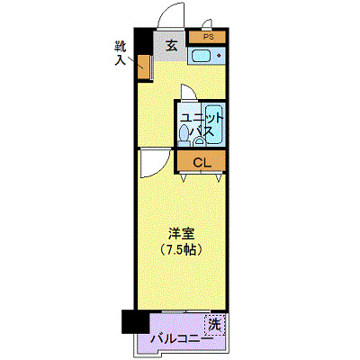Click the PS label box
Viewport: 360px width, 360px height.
[x=208, y=38]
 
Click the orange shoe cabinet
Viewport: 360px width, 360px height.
[x=144, y=66]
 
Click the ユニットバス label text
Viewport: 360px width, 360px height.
[x=200, y=124]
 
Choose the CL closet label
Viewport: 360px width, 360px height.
[x=203, y=162]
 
